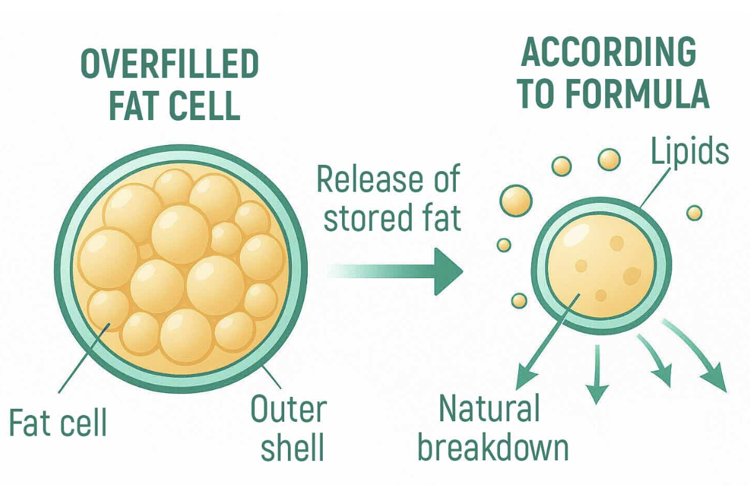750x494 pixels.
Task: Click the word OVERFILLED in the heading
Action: point(170,63)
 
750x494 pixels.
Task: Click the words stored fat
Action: point(392,219)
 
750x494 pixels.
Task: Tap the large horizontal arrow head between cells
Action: point(448,272)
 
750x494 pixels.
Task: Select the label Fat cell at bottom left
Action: point(58,422)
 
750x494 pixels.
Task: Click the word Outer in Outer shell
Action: point(289,409)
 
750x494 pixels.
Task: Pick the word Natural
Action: point(489,409)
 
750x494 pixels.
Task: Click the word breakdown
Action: point(494,447)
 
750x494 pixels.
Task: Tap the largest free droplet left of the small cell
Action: point(516,200)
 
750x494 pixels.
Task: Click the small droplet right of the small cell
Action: point(695,213)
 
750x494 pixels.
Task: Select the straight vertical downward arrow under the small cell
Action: point(597,375)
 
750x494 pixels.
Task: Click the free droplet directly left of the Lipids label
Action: point(609,159)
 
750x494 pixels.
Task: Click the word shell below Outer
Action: point(292,447)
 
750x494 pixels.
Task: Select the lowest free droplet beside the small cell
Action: point(519,301)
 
